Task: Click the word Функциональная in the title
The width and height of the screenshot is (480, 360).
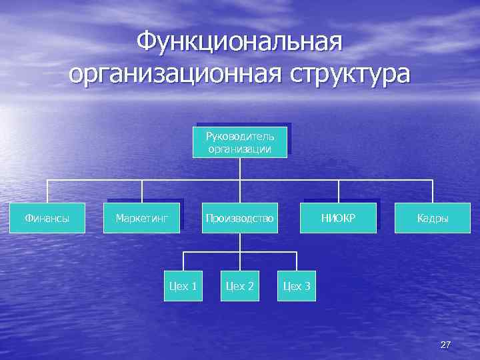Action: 239,42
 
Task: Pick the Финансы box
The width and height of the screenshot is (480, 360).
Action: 47,218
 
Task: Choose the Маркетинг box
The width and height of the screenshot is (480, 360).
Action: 142,218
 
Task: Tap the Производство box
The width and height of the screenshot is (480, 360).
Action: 240,218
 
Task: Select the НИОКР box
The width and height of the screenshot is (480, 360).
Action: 339,218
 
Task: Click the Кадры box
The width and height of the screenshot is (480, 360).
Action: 433,218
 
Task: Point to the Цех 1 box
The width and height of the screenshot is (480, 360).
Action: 183,286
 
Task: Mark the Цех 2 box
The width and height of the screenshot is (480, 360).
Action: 240,286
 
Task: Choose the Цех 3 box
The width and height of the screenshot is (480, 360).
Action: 297,286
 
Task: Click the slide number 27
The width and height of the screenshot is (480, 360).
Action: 446,345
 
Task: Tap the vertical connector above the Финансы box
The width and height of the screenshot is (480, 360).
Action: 47,191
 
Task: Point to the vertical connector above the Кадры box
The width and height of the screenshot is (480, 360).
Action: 433,191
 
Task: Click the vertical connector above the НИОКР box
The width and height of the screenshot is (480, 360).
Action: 339,191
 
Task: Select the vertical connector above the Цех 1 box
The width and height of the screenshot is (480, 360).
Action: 183,262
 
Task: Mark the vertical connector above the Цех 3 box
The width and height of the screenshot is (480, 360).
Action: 297,262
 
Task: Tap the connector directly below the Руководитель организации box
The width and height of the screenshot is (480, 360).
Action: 240,169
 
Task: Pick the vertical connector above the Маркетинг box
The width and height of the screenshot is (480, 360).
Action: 142,191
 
